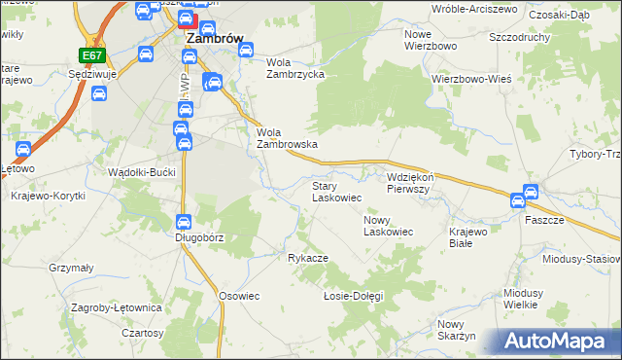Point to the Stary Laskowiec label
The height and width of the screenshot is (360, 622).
[x=336, y=191]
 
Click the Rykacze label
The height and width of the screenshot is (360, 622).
[x=307, y=258]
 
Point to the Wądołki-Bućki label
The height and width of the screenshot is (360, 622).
[x=142, y=171]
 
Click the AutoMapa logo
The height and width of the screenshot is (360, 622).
[x=558, y=342]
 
